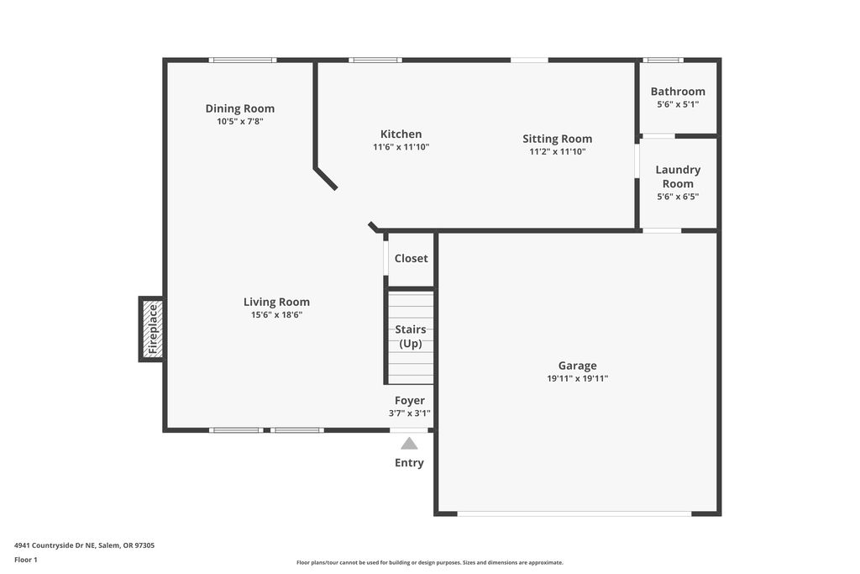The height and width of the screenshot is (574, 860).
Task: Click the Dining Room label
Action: pyautogui.click(x=239, y=108)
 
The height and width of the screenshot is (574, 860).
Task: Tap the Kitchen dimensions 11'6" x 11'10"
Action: pyautogui.click(x=401, y=147)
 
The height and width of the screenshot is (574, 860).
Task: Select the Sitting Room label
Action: pyautogui.click(x=558, y=139)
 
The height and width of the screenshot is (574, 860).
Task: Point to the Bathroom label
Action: pyautogui.click(x=678, y=92)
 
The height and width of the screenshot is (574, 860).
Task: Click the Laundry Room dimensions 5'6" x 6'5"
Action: pyautogui.click(x=678, y=197)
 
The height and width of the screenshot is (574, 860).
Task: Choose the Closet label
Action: pyautogui.click(x=411, y=259)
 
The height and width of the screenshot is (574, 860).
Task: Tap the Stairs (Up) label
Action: pyautogui.click(x=410, y=336)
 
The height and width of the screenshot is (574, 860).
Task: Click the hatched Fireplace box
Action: pyautogui.click(x=151, y=329)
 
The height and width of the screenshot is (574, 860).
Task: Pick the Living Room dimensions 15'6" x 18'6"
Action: pyautogui.click(x=276, y=315)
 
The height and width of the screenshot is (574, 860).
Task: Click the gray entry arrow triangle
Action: pyautogui.click(x=409, y=444)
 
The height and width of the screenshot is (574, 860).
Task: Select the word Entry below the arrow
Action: pyautogui.click(x=409, y=462)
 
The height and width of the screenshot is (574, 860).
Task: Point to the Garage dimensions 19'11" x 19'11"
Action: pyautogui.click(x=578, y=378)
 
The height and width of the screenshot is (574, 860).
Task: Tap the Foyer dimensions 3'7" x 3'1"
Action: pyautogui.click(x=410, y=413)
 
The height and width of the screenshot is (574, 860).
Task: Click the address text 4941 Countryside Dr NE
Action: pyautogui.click(x=55, y=545)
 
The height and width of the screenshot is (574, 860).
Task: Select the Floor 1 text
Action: pyautogui.click(x=26, y=560)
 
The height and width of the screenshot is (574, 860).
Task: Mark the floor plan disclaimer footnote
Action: pyautogui.click(x=430, y=562)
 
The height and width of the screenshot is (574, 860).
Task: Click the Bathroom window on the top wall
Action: pyautogui.click(x=663, y=60)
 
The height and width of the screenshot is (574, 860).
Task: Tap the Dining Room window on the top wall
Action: pyautogui.click(x=243, y=60)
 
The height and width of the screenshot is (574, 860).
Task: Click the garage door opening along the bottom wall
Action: pyautogui.click(x=574, y=513)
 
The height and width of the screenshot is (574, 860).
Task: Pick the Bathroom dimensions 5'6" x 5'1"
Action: pyautogui.click(x=678, y=104)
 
